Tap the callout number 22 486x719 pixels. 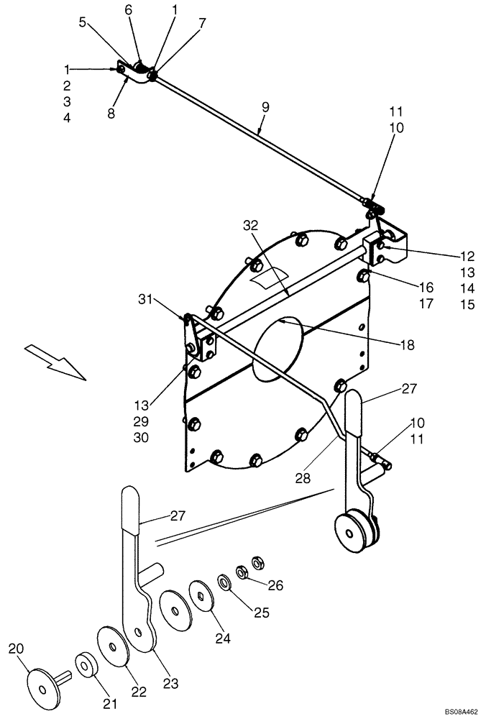point(138,692)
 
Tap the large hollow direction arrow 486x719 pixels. point(54,360)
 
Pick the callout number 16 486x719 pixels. point(426,287)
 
